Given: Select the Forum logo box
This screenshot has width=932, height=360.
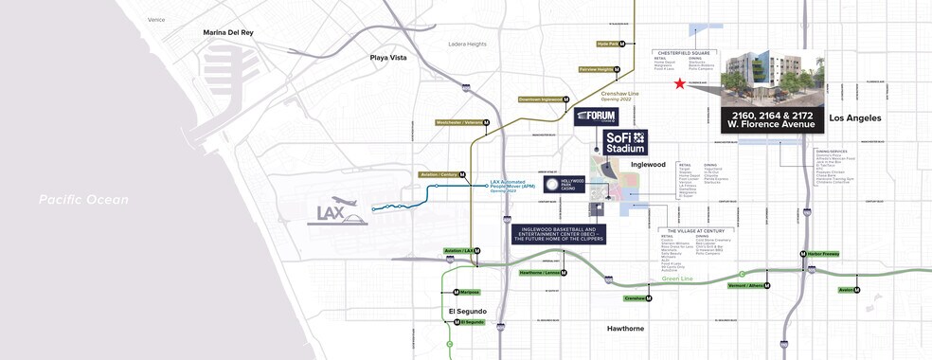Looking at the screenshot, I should click(596, 117).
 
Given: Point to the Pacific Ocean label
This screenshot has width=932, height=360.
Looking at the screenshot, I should click(83, 200).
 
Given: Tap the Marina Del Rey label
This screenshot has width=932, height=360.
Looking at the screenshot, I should click(228, 32).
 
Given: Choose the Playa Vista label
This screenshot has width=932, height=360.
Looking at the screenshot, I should click(388, 58).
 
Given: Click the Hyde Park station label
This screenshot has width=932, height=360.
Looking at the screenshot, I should click(608, 44).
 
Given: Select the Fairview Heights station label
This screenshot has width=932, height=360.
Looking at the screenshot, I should click(598, 69).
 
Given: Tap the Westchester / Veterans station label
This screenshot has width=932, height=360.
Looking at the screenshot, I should click(462, 122).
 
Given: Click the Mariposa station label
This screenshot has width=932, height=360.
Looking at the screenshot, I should click(469, 293).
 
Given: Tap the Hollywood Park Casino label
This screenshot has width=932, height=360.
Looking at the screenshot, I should click(567, 186).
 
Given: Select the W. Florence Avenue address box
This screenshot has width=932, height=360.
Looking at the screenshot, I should click(773, 120).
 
